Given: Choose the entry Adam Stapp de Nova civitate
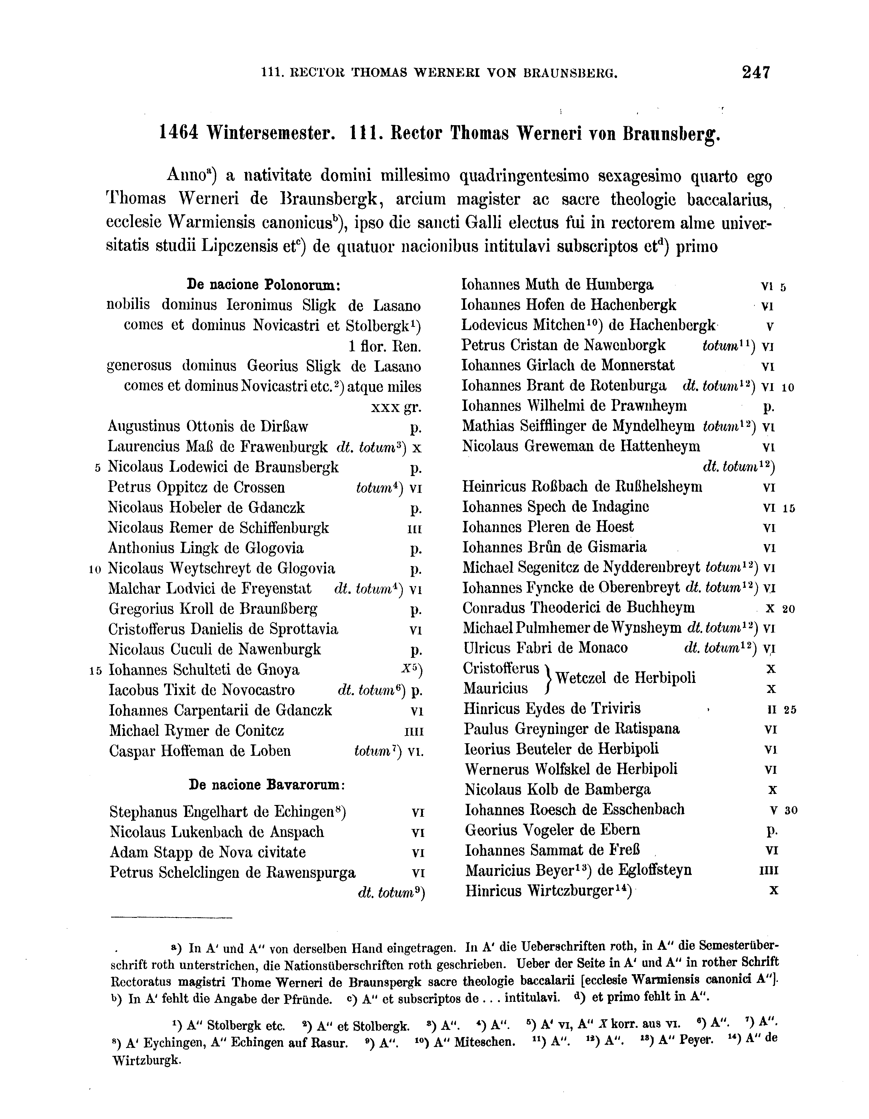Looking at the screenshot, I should pyautogui.click(x=207, y=852).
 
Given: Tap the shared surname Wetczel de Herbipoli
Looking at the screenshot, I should pyautogui.click(x=625, y=678).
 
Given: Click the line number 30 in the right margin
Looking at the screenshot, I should pyautogui.click(x=791, y=811).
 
